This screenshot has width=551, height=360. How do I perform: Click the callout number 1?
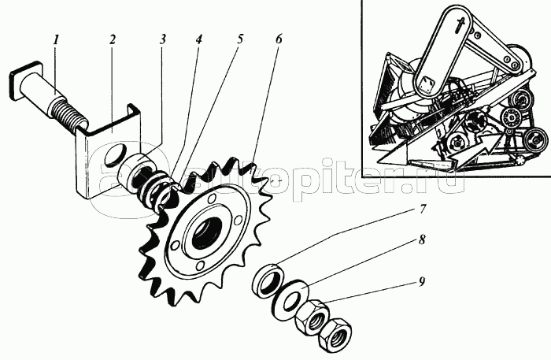click(x=55, y=39)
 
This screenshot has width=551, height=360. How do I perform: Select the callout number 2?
click(x=113, y=39)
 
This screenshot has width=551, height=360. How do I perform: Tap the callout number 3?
click(x=162, y=39)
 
